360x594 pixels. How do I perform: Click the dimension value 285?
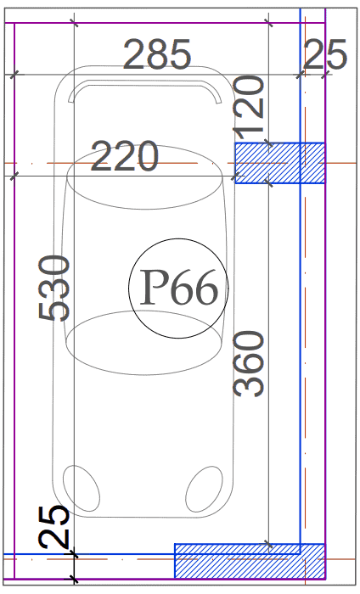pos(157,55)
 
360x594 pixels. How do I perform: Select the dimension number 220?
pos(124,156)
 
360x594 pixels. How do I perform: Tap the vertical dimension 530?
pos(54,289)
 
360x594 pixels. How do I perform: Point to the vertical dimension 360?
pos(248,364)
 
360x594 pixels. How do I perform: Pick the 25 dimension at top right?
pos(324,54)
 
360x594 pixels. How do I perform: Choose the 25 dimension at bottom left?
pos(54,527)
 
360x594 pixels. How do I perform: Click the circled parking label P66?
pos(178,289)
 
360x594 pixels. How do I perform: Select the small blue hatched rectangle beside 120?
pos(280,163)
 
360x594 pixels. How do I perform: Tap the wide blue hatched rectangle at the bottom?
pos(250,561)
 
